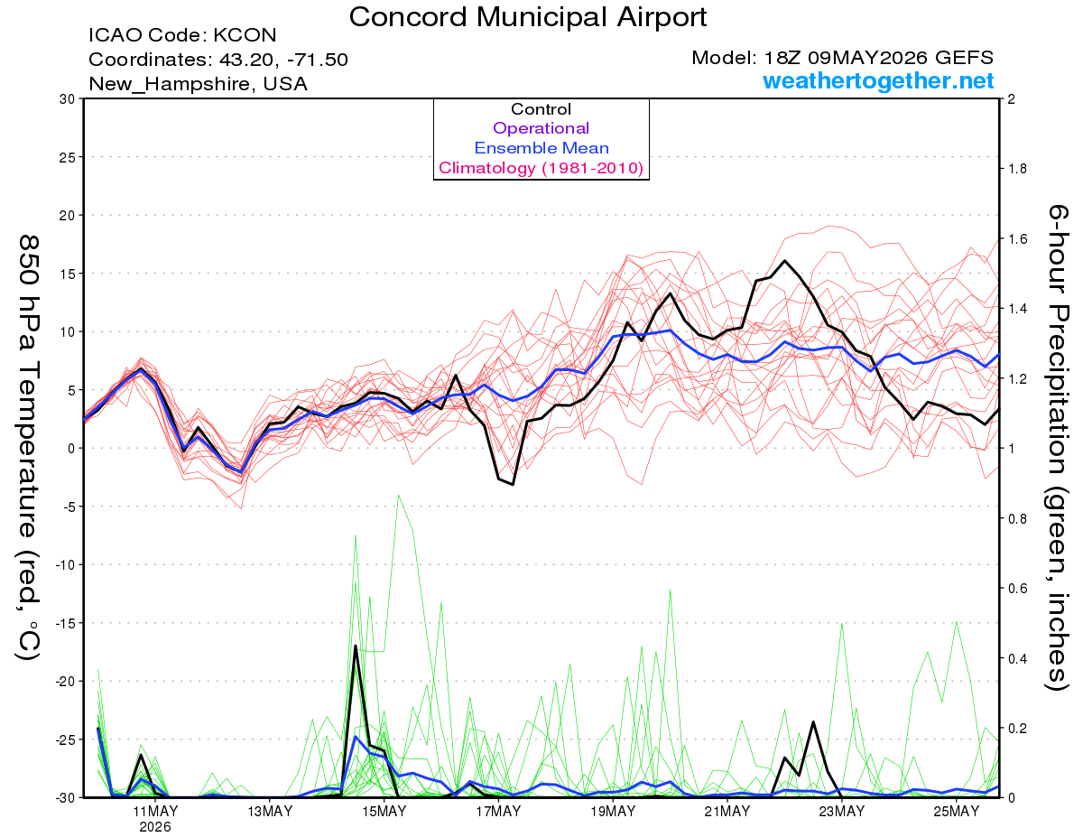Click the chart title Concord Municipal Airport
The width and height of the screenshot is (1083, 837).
pyautogui.click(x=527, y=17)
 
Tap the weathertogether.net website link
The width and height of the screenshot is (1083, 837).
pyautogui.click(x=878, y=80)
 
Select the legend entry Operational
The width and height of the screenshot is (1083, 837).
pyautogui.click(x=541, y=128)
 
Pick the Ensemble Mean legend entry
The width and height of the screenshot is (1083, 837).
pyautogui.click(x=541, y=148)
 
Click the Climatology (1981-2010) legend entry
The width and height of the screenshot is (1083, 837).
pyautogui.click(x=541, y=168)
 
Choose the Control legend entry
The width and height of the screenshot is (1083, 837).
pyautogui.click(x=541, y=109)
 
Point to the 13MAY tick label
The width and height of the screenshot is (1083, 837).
pyautogui.click(x=270, y=811)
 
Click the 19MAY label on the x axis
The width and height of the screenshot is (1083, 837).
pyautogui.click(x=613, y=811)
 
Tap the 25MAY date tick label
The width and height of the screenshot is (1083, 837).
pyautogui.click(x=957, y=811)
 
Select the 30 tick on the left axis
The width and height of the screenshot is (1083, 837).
pyautogui.click(x=68, y=99)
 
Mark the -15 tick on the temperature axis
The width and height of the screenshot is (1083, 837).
pyautogui.click(x=65, y=623)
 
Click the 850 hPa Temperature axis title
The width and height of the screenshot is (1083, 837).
pyautogui.click(x=28, y=448)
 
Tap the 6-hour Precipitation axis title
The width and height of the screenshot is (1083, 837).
pyautogui.click(x=1057, y=447)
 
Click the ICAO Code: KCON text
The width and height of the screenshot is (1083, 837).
pyautogui.click(x=182, y=35)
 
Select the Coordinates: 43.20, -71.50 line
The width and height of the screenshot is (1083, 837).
pyautogui.click(x=218, y=60)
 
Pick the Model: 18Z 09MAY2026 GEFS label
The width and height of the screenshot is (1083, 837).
pyautogui.click(x=843, y=58)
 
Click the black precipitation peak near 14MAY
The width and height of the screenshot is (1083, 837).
pyautogui.click(x=356, y=646)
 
